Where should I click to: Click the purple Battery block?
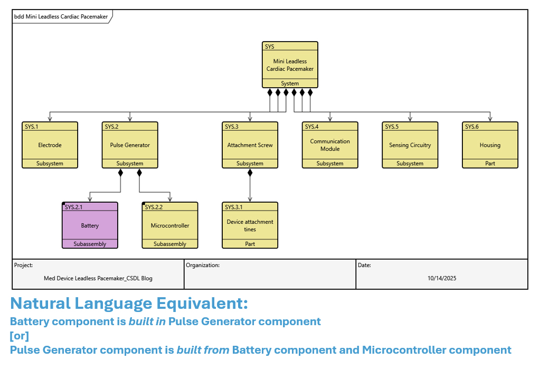[90, 225]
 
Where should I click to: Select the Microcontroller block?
[170, 225]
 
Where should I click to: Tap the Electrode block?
[50, 145]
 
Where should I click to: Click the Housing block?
[490, 145]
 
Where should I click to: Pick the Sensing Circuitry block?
[410, 145]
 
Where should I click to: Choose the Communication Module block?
[330, 145]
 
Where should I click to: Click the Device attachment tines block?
[250, 225]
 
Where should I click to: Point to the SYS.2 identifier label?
[112, 127]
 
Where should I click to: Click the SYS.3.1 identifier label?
[234, 207]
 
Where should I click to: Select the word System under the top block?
[290, 83]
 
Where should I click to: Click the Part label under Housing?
[490, 164]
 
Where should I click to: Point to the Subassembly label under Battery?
[90, 244]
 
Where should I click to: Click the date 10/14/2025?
[442, 278]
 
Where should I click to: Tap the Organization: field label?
[203, 265]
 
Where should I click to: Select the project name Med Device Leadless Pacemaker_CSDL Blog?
[98, 278]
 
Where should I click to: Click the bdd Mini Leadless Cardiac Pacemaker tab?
[61, 16]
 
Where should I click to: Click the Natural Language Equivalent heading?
[129, 304]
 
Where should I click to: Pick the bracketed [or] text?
[20, 336]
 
